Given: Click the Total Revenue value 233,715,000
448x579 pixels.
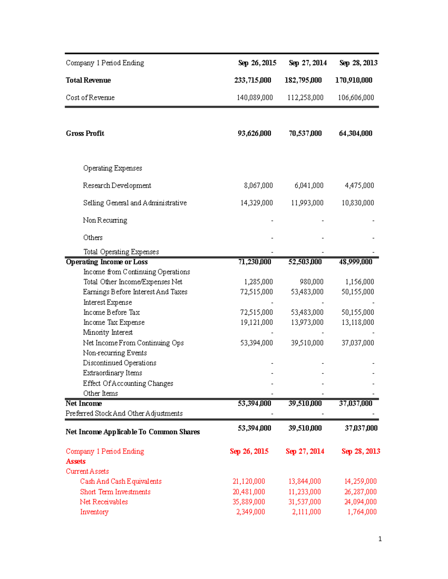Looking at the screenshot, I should [252, 80].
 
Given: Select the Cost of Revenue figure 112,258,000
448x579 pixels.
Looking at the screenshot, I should [305, 98].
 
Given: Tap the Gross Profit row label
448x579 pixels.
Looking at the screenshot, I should [85, 133].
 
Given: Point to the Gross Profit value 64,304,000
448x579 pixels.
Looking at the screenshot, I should [355, 133].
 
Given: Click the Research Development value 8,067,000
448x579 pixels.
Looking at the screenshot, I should [258, 186].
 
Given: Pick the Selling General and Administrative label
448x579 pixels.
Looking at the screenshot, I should [135, 203].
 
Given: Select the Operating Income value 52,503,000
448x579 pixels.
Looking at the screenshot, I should [305, 262].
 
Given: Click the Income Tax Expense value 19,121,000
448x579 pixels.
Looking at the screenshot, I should [256, 322].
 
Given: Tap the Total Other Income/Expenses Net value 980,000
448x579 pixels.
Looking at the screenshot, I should [311, 282].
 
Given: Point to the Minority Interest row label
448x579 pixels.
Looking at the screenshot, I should [108, 333].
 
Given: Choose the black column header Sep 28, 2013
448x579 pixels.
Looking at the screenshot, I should [358, 63].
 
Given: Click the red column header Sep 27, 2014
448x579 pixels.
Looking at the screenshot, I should [305, 451].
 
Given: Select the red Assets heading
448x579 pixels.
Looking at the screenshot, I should [75, 462].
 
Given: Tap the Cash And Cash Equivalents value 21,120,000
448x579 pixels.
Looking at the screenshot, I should [249, 482].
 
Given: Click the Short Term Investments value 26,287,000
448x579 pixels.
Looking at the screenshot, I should [360, 492].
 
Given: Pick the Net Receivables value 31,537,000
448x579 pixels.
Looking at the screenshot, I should [304, 502].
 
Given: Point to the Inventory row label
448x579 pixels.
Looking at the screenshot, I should [94, 512].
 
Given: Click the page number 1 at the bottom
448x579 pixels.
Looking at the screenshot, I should [380, 539].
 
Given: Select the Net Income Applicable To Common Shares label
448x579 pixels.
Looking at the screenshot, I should [133, 432].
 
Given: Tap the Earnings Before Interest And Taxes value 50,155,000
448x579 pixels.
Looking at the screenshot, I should [357, 292].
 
